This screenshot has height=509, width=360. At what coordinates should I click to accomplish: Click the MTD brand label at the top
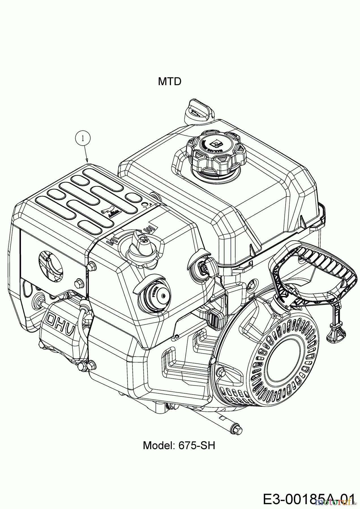coord(170,82)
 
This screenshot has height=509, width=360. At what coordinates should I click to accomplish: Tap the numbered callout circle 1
coord(83,138)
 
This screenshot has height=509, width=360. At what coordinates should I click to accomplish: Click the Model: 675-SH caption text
coord(179,445)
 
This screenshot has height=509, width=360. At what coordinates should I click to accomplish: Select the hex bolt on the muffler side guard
coord(79,282)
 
